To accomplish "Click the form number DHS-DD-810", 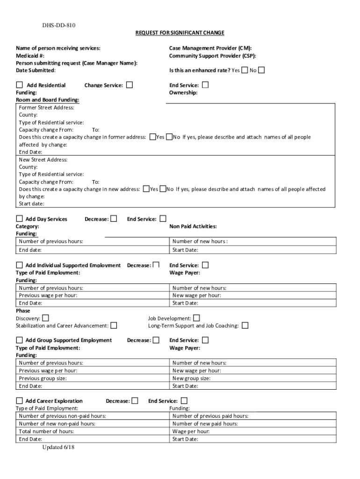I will (55, 25).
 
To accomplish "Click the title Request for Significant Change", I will (180, 33).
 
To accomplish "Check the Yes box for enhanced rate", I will (245, 70).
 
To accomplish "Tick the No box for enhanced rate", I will (261, 70).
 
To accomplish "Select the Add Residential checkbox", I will (20, 85).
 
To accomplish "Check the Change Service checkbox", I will (130, 85).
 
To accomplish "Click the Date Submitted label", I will (36, 70).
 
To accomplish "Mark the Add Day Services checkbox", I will (20, 218).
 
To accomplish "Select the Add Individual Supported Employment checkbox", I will (20, 265).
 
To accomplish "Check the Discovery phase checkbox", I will (45, 318).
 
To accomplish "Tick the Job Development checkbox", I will (196, 318).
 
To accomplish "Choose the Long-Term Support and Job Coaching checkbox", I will (245, 326).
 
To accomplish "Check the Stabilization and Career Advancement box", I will (114, 326).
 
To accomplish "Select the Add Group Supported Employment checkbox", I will (20, 340).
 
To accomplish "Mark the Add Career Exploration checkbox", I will (20, 401).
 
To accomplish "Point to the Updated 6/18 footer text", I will (58, 447).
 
